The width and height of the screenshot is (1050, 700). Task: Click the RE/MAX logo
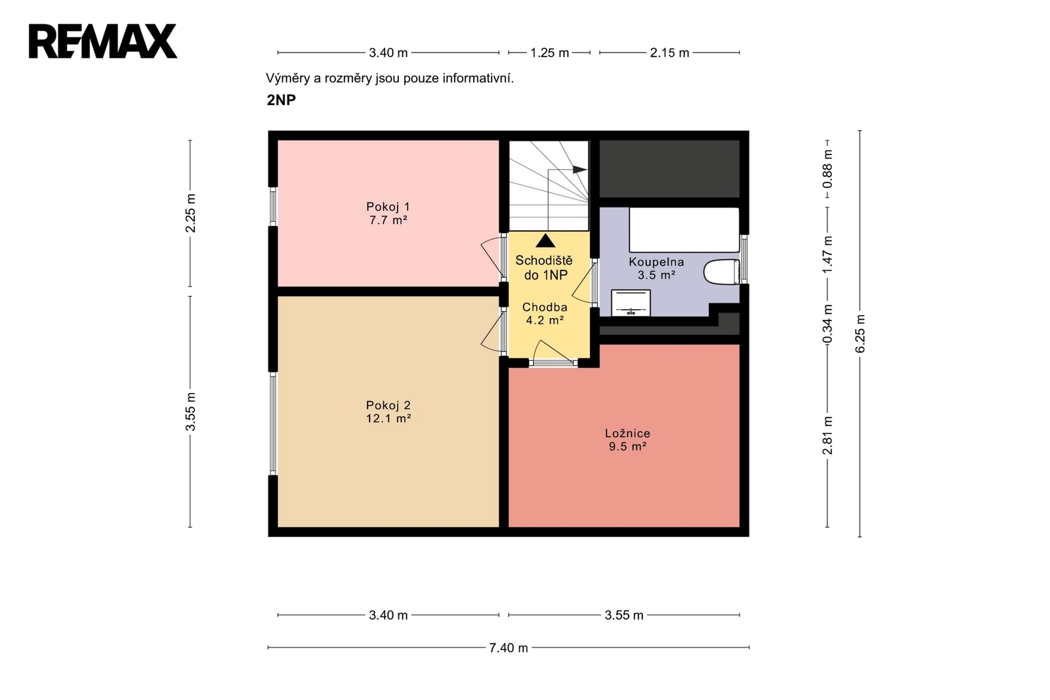point(103,41)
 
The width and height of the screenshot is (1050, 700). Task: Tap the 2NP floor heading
point(282,100)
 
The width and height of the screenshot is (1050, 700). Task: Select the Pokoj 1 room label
point(388,206)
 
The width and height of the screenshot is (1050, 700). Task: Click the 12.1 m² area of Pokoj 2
point(388,418)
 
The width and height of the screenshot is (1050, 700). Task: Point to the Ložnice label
point(627,433)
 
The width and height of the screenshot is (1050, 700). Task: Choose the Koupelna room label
point(656,262)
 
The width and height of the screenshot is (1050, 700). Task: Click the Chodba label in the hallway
point(545,307)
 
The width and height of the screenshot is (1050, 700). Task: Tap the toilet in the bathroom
point(722,272)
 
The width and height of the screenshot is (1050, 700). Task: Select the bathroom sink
point(631,303)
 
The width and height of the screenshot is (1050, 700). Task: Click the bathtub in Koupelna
point(684,230)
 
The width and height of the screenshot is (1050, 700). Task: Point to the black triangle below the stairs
point(545,241)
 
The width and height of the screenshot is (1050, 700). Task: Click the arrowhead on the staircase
point(580,169)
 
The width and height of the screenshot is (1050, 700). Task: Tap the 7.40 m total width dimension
point(509,648)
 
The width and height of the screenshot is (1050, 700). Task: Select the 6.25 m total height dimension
point(860,334)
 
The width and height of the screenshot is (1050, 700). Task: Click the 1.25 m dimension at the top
point(549,53)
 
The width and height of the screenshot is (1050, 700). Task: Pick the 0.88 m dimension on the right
point(828,169)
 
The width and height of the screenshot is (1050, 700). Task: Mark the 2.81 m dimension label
point(828,436)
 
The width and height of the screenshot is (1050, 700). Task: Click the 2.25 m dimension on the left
point(190,213)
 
